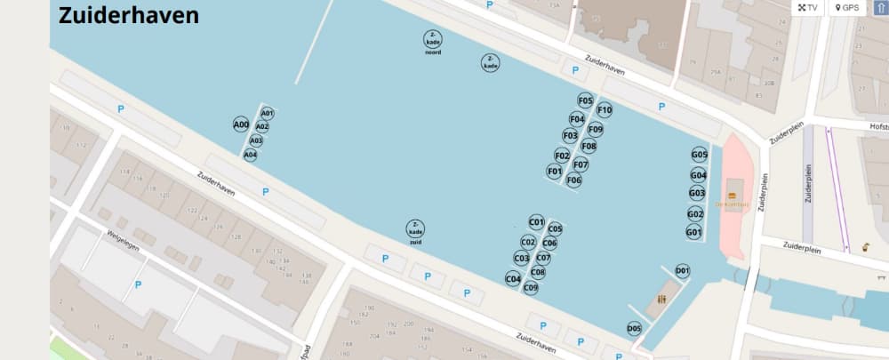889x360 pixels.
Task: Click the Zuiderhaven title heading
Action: tap(129, 15)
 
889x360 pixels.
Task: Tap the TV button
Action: tap(807, 8)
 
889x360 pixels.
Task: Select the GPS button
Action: tap(845, 8)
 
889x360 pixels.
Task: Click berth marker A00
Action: tap(241, 124)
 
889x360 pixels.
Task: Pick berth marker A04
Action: tap(251, 155)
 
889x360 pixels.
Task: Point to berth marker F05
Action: tap(585, 100)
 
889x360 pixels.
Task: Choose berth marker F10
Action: tap(605, 110)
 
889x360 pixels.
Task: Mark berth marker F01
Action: tap(555, 171)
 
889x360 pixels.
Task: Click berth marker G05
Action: tap(700, 155)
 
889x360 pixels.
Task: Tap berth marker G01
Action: tap(694, 232)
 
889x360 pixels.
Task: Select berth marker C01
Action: tap(536, 222)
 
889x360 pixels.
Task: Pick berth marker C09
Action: tap(531, 287)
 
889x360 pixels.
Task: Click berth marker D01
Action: tap(683, 270)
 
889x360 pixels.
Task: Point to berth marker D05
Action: tap(634, 329)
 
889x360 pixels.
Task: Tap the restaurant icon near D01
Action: tap(661, 300)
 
